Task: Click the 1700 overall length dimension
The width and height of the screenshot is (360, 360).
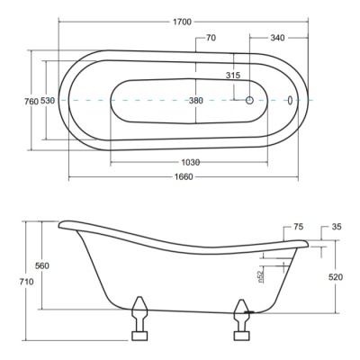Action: pos(182,22)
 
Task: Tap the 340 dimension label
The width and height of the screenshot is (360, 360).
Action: pos(277,38)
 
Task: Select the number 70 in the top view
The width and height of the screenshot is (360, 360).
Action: pos(211,38)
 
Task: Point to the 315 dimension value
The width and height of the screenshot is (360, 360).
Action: pos(233,75)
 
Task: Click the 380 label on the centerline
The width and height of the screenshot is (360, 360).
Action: pos(196,101)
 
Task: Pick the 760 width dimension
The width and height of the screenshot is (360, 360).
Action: pos(31,102)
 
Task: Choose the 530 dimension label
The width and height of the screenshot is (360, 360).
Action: pos(48,101)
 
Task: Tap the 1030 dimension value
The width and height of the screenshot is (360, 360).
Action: pos(191,162)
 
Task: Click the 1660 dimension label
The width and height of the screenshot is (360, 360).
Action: pos(184,177)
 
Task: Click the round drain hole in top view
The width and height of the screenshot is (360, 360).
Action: pos(249,100)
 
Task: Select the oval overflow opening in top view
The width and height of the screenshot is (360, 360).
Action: pos(290,100)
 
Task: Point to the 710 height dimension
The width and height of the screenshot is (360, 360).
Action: pos(27,282)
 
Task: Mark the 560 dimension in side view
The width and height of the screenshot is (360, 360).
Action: pos(42,265)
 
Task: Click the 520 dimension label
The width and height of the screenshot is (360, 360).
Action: pos(336,277)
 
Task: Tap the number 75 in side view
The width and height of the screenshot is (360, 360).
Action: pos(299,227)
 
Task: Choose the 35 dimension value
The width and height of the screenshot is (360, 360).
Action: pos(337,227)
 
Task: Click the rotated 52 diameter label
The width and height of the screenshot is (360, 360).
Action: pos(260,276)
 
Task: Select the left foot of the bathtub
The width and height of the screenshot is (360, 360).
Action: pos(139,319)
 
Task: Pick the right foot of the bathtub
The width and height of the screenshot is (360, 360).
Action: pos(242,319)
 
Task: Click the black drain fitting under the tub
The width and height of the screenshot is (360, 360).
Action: pos(249,312)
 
